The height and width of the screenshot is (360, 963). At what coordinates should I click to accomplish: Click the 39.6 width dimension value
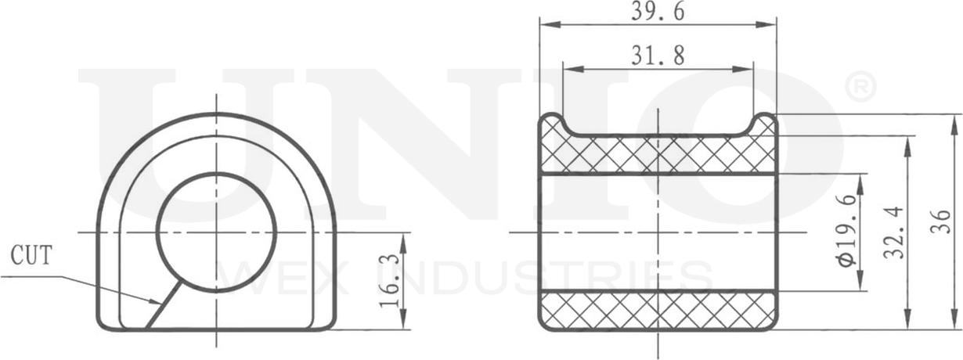click(x=658, y=12)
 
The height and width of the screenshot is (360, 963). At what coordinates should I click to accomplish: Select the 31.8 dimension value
click(x=658, y=56)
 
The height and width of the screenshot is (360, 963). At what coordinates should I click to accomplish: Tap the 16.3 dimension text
click(x=389, y=281)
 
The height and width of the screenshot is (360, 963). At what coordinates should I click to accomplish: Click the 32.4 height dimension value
click(x=893, y=232)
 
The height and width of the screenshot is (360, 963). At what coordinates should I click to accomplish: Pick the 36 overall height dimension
click(x=940, y=221)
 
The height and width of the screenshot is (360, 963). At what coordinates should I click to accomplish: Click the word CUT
click(x=31, y=255)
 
